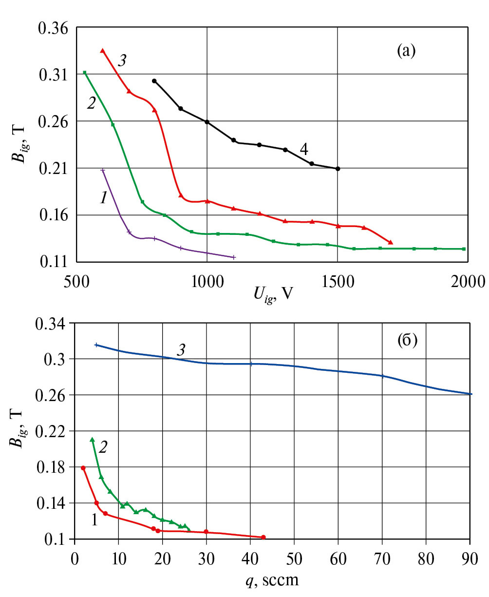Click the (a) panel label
(x=406, y=50)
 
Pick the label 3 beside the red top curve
(x=123, y=60)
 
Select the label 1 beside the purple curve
(x=103, y=198)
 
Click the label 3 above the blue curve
(x=180, y=349)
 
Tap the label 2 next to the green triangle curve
(x=103, y=447)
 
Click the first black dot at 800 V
(x=154, y=81)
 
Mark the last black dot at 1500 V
(x=338, y=169)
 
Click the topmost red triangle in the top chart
(x=102, y=51)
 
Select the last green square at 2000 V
(x=464, y=249)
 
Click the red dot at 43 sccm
(x=263, y=537)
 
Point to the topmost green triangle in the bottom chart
(x=92, y=440)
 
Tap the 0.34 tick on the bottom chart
(x=55, y=323)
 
